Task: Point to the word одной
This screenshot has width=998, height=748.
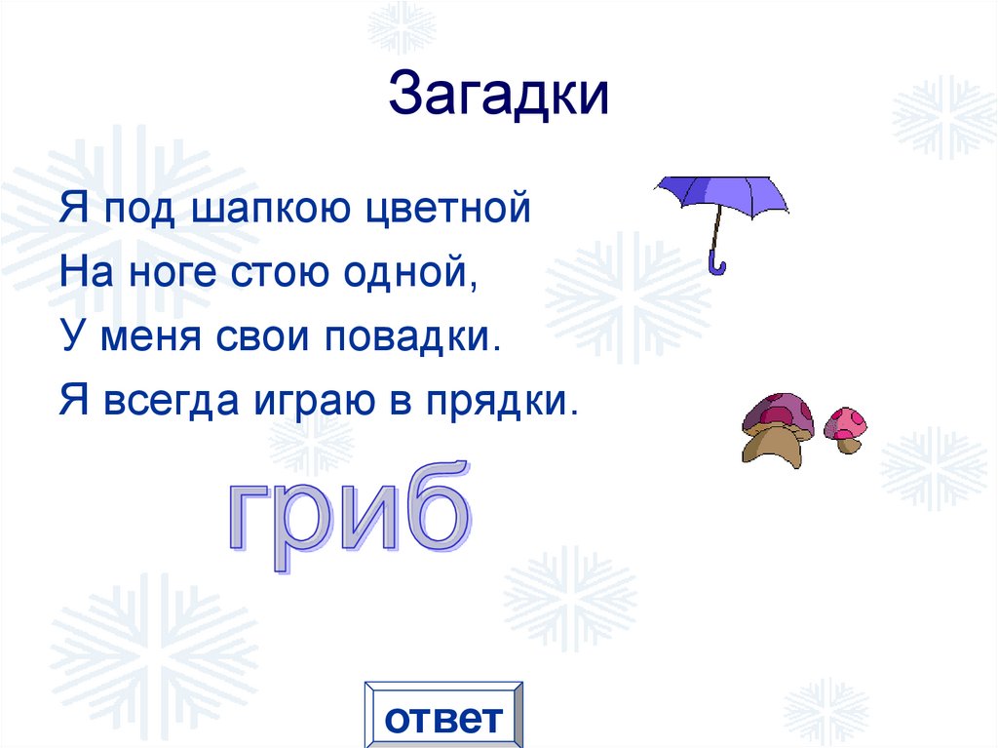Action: tap(412, 272)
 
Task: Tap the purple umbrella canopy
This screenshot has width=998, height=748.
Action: tap(720, 194)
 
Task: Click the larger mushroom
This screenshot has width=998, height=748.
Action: tap(778, 427)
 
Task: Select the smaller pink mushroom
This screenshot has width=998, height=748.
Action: tap(845, 427)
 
